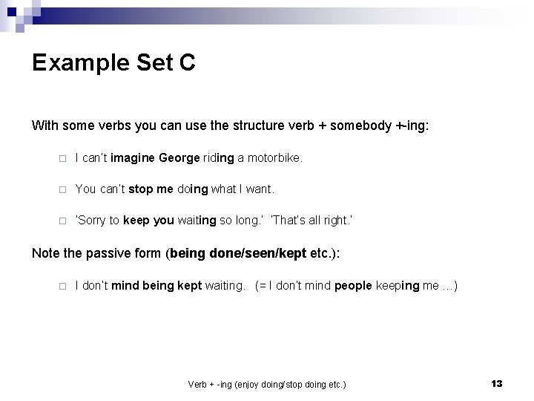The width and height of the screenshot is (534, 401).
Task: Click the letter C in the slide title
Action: click(x=187, y=63)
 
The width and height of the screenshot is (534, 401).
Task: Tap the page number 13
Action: click(x=496, y=383)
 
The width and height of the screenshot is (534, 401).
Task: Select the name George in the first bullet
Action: click(x=179, y=157)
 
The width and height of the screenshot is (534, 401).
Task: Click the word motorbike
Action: click(x=274, y=157)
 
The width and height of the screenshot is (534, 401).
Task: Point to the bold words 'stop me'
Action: click(x=151, y=189)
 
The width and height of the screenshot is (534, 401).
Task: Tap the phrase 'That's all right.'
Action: click(x=311, y=220)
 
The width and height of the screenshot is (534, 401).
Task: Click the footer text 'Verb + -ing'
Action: click(x=211, y=384)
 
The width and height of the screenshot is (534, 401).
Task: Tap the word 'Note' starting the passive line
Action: click(x=45, y=253)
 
